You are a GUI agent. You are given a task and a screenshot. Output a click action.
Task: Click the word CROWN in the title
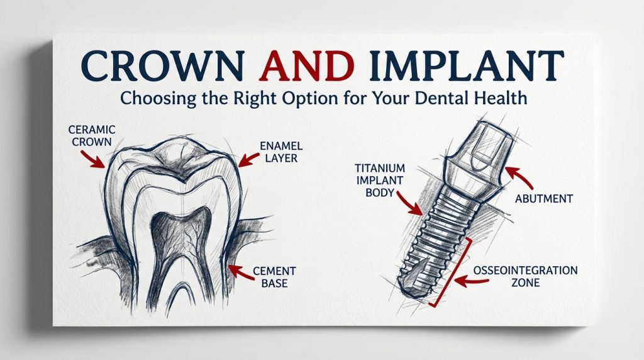pos(162,65)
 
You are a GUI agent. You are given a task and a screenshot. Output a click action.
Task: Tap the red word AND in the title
pos(306,65)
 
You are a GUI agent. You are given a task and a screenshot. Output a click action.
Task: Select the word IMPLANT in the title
pos(467,65)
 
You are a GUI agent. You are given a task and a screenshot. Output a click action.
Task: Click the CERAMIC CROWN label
pos(92,135)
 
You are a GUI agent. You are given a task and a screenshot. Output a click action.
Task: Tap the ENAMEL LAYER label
pos(281,152)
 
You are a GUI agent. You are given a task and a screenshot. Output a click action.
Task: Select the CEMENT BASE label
pos(274,277)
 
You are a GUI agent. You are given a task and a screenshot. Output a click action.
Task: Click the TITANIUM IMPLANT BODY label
pos(379,180)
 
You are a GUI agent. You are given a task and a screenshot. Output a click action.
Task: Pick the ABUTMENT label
pos(544,199)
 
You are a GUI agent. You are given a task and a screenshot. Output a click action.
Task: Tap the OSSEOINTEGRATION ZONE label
pos(525,276)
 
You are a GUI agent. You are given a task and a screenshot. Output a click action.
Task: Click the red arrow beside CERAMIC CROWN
pos(93,159)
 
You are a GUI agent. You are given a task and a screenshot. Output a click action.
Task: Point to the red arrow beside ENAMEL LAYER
pos(249,159)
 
